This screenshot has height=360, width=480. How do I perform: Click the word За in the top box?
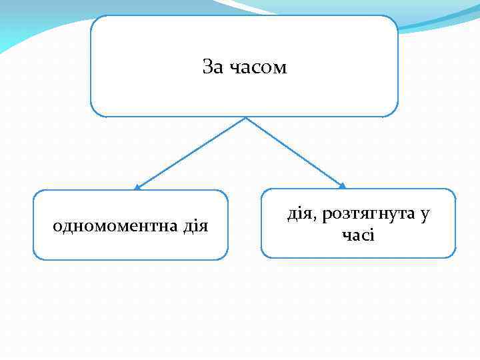(x=213, y=67)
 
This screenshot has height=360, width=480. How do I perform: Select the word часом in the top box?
(x=258, y=68)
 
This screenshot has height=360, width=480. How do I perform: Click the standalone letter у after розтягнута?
(x=425, y=215)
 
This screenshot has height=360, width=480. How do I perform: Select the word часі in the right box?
(x=358, y=235)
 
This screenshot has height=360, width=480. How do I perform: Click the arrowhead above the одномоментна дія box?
(x=136, y=187)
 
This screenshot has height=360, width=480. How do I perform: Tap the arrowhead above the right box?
(x=343, y=186)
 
